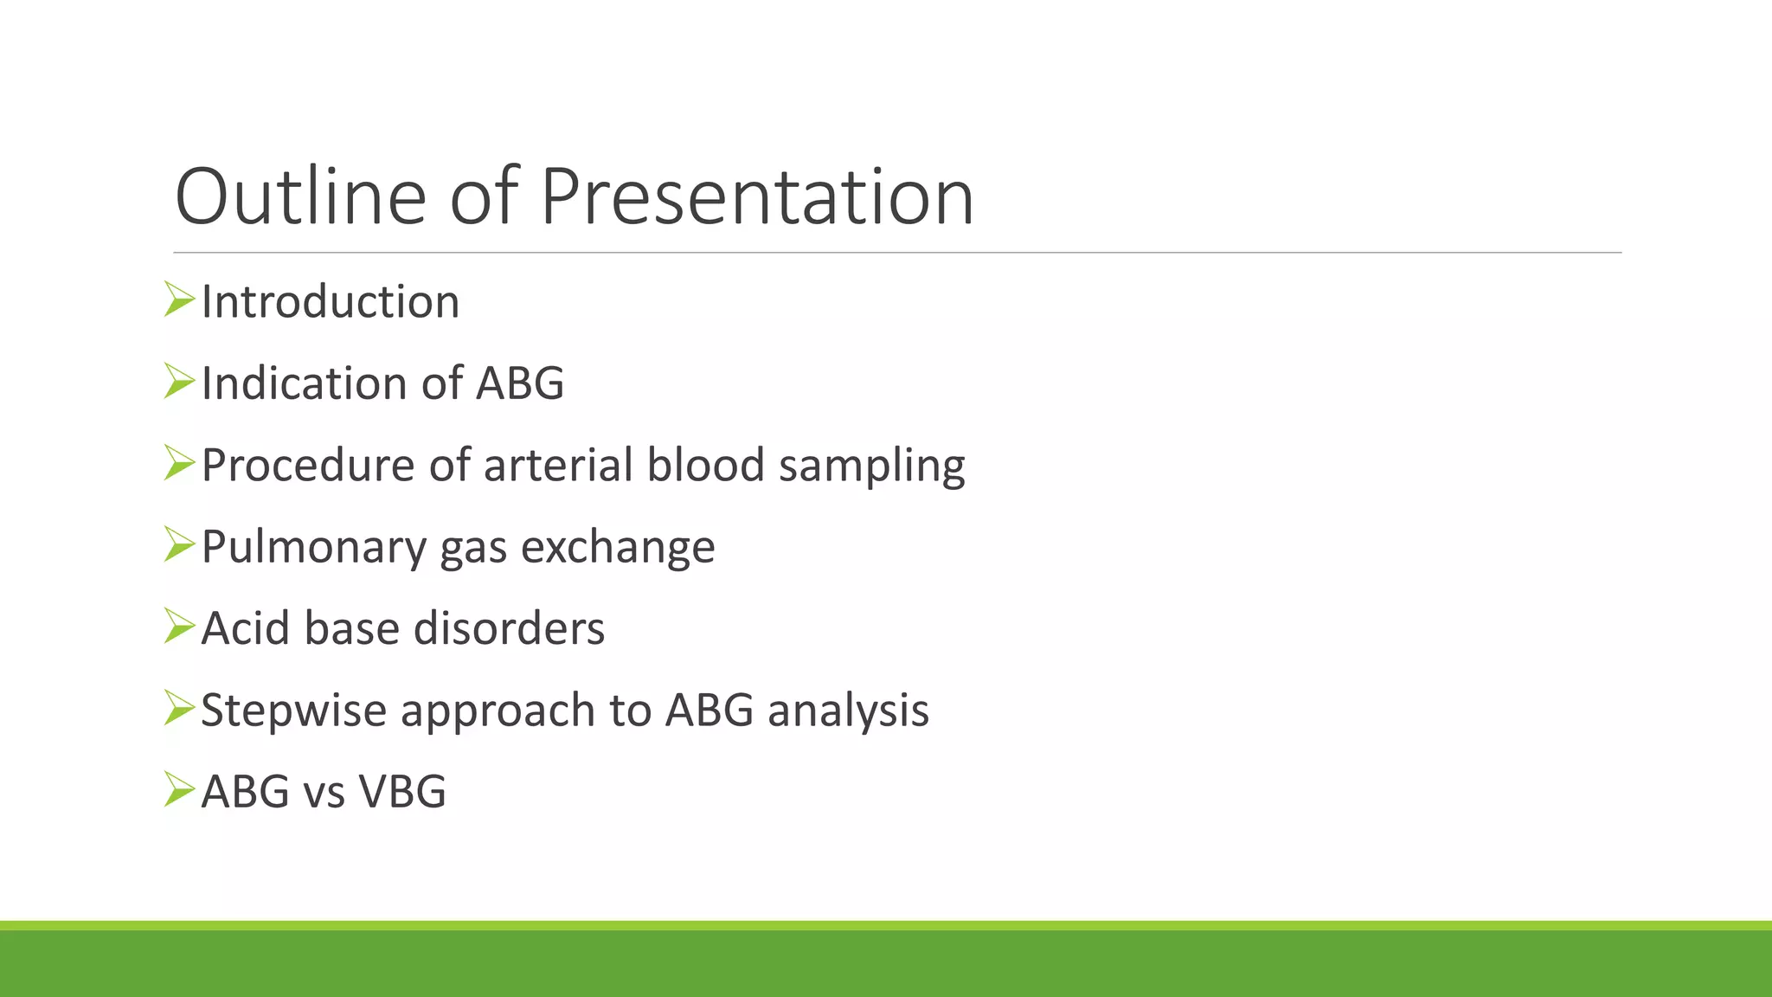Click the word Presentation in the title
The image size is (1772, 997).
[757, 197]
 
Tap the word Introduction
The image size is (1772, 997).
[330, 302]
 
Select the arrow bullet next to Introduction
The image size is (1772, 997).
[179, 299]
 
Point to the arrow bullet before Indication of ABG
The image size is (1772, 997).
[179, 381]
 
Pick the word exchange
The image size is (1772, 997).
[618, 548]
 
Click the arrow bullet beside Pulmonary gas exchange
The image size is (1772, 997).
[179, 544]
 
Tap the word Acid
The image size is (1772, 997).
[245, 628]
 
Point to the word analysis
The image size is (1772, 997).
[848, 711]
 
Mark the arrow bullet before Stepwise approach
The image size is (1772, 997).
[179, 708]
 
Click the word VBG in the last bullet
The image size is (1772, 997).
[402, 792]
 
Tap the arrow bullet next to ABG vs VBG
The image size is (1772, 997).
[179, 789]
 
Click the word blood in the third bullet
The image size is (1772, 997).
[706, 466]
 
